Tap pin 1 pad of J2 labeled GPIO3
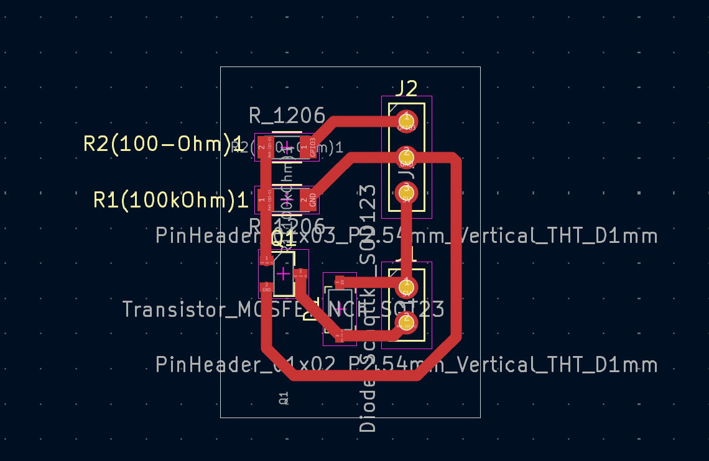coord(406,119)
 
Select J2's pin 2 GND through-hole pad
coord(406,155)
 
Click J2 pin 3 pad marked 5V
coord(406,191)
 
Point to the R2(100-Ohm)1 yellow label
coord(162,144)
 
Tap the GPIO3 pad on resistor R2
coord(308,144)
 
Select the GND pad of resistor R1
coord(308,200)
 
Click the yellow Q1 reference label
coord(283,237)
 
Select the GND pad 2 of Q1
coord(266,286)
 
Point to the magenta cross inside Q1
coord(283,273)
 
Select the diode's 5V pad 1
coord(340,281)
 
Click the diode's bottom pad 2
coord(339,337)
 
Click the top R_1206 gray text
coord(287,116)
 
